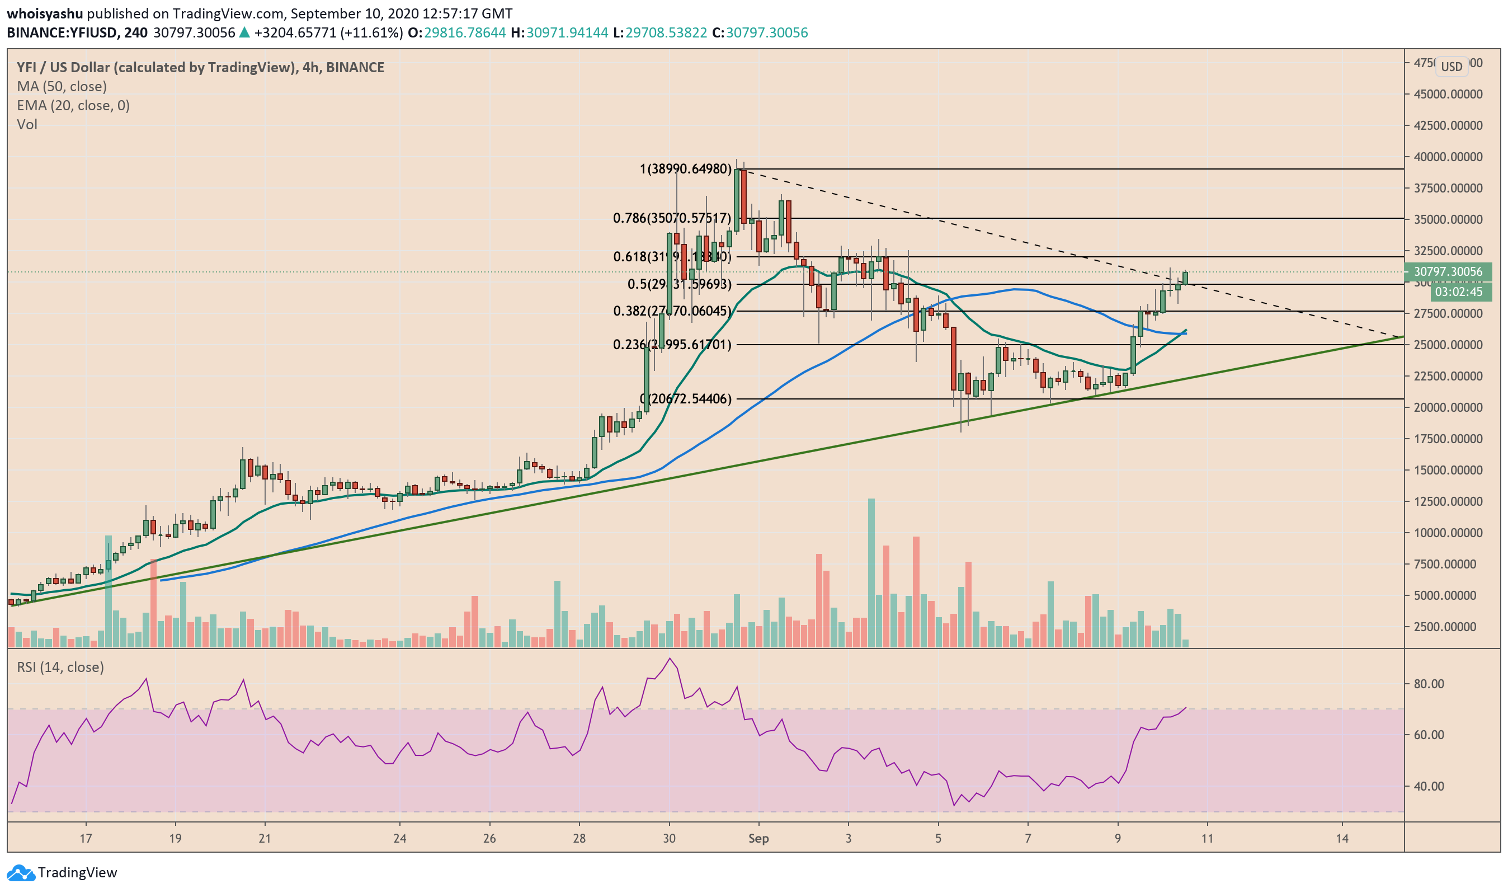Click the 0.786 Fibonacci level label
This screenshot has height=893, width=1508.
671,218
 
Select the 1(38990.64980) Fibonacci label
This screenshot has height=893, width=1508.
685,169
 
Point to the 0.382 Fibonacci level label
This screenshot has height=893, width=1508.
671,311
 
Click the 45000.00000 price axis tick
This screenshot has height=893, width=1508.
1447,95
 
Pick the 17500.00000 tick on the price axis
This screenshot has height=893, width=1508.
1447,439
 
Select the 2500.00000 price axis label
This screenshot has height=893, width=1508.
1450,627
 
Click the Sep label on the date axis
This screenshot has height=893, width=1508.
758,838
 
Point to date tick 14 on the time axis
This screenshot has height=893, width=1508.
1342,838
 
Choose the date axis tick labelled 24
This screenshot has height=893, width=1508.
399,838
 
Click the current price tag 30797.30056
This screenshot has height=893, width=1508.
1447,272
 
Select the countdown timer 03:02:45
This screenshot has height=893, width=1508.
1458,293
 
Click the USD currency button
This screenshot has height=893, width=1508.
1452,67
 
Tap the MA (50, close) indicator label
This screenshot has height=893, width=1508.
62,87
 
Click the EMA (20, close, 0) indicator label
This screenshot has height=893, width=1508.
73,106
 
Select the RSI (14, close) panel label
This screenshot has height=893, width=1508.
60,668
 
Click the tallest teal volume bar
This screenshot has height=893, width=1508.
871,572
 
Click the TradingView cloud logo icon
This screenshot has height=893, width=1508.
21,872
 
